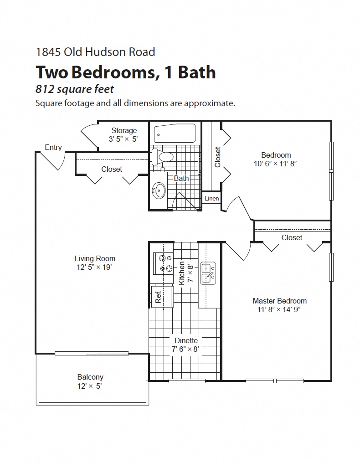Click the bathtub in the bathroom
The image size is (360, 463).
[x=175, y=134]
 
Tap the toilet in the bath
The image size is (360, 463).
[x=163, y=157]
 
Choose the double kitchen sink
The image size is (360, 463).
[x=208, y=273]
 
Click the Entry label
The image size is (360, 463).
[x=53, y=147]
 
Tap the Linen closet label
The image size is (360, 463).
[x=211, y=198]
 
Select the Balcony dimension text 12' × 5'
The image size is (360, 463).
[x=90, y=386]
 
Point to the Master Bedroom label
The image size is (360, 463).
[x=279, y=301]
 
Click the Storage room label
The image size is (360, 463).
[x=124, y=130]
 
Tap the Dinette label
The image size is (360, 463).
[x=186, y=340]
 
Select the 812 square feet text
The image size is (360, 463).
[x=74, y=89]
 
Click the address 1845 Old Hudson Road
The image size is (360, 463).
[x=95, y=52]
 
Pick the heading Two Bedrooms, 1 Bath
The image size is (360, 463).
[x=125, y=72]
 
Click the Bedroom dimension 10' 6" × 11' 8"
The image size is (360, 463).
[x=276, y=164]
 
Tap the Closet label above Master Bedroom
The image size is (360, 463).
[x=292, y=237]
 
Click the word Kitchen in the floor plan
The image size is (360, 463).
[x=182, y=273]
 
